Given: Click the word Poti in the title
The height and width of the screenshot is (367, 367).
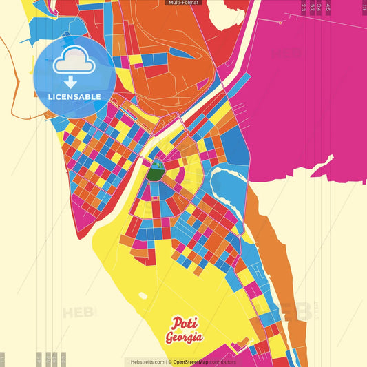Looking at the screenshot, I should tap(182, 323).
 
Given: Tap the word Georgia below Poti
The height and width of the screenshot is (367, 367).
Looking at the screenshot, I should tap(183, 337).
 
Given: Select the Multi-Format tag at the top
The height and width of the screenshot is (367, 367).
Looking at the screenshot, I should tap(183, 3).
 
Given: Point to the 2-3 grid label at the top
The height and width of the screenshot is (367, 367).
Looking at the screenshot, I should tap(304, 8).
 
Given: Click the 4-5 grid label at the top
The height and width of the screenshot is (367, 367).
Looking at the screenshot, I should tap(328, 8).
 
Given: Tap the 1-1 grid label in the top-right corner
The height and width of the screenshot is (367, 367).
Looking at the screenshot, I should tap(364, 8).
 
